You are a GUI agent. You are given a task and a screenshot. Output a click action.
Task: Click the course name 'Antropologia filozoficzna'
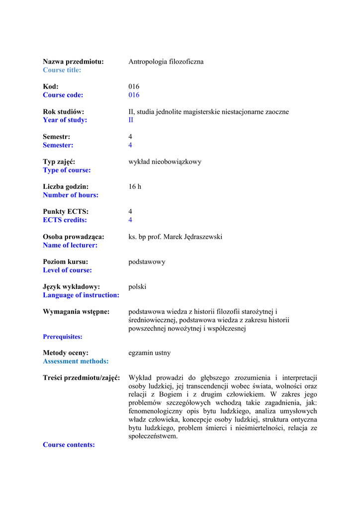click(x=166, y=62)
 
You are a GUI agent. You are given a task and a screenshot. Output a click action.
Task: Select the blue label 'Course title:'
click(x=62, y=70)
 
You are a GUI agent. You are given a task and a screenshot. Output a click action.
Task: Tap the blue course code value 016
click(x=134, y=95)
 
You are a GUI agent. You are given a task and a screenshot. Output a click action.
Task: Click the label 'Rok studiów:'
click(x=63, y=112)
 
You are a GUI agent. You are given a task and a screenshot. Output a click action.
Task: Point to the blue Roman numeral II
click(x=131, y=120)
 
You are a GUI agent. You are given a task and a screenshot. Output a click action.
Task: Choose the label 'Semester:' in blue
click(x=58, y=145)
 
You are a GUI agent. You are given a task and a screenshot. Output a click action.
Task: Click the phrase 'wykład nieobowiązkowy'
click(x=165, y=162)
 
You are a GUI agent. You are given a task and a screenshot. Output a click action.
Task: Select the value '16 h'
click(x=135, y=186)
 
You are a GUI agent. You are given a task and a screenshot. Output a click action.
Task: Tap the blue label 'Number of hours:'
click(x=71, y=195)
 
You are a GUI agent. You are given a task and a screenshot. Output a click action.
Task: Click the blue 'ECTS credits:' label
click(x=65, y=220)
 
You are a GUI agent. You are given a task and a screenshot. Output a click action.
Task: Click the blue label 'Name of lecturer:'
click(x=70, y=245)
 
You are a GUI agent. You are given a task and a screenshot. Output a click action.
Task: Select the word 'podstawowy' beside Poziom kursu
click(x=147, y=261)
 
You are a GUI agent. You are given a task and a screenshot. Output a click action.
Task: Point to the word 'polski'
click(x=137, y=286)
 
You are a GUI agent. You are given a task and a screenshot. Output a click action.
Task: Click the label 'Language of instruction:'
click(x=81, y=295)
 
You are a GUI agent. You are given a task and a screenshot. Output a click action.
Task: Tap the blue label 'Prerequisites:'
click(x=63, y=337)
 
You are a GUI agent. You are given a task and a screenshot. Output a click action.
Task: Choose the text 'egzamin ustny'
click(x=149, y=353)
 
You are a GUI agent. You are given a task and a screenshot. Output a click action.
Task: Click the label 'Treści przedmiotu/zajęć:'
click(x=82, y=378)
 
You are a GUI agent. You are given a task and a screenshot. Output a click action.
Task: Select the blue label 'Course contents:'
click(x=69, y=445)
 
